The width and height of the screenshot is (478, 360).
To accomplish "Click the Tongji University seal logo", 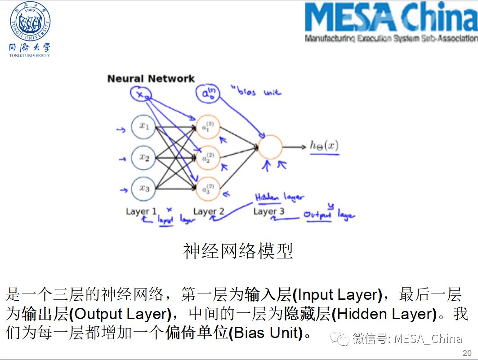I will pyautogui.click(x=30, y=22).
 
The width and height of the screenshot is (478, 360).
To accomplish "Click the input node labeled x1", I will pyautogui.click(x=143, y=127).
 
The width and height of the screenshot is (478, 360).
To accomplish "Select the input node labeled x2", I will pyautogui.click(x=143, y=157).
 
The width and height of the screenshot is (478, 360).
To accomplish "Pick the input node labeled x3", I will pyautogui.click(x=143, y=188).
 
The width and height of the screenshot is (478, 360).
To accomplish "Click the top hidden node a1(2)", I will pyautogui.click(x=207, y=128).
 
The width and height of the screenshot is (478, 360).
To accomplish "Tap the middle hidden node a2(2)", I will pyautogui.click(x=207, y=158).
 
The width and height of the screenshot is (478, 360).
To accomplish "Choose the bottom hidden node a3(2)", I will pyautogui.click(x=207, y=189).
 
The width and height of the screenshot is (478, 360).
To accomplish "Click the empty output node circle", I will pyautogui.click(x=270, y=147).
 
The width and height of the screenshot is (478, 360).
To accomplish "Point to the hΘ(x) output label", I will pyautogui.click(x=324, y=146).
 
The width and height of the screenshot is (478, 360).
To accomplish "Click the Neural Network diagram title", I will pyautogui.click(x=151, y=79).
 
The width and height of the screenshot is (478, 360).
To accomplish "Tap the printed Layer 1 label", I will pyautogui.click(x=141, y=211).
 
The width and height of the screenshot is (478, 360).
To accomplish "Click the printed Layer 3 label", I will pyautogui.click(x=268, y=211).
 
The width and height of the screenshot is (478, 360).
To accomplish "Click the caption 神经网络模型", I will pyautogui.click(x=238, y=251).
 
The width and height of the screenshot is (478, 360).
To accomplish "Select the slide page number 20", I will pyautogui.click(x=467, y=352).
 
